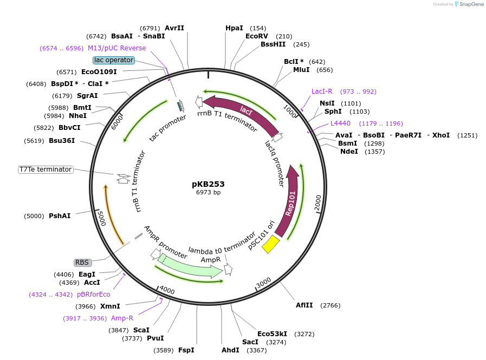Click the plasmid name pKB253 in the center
click(208, 184)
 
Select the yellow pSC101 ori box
click(270, 244)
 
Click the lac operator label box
click(113, 60)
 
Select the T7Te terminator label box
click(46, 169)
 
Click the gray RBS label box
click(82, 263)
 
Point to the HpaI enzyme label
click(234, 28)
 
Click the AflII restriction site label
click(304, 305)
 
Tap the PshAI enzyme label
click(60, 216)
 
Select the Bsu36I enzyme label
click(62, 141)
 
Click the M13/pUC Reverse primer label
click(116, 48)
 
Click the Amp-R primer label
click(122, 318)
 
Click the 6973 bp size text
click(208, 192)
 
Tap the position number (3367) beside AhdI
click(257, 350)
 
